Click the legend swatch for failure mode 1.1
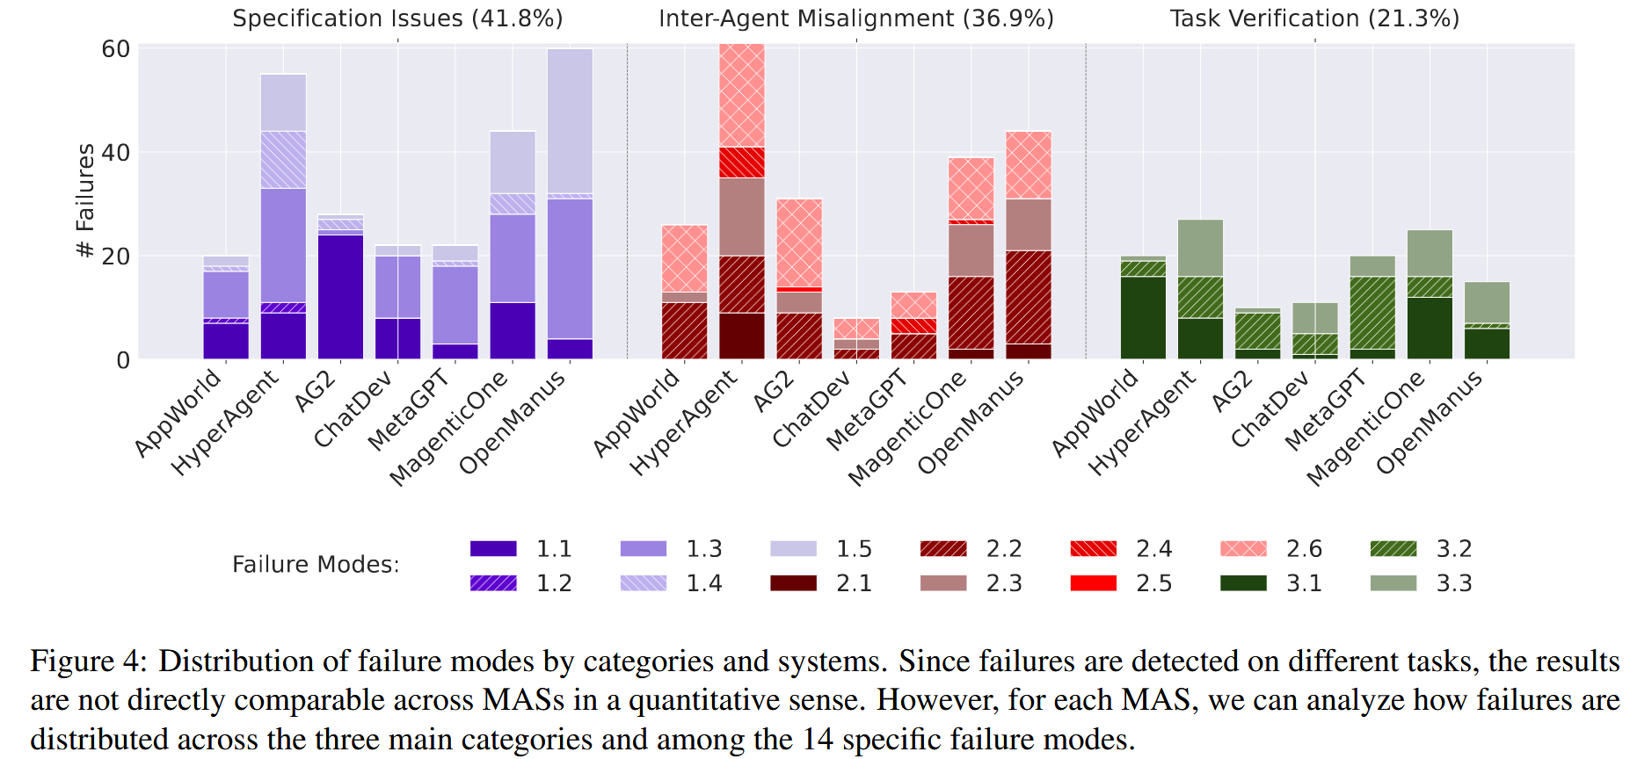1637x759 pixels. [x=493, y=549]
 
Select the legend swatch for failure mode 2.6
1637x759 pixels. [x=1243, y=549]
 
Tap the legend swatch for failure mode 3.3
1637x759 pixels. [x=1393, y=583]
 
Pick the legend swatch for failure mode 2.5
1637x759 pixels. [x=1094, y=583]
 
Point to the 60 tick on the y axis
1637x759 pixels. [x=116, y=49]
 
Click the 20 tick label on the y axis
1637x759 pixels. [x=116, y=257]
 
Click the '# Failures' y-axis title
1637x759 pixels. [x=85, y=201]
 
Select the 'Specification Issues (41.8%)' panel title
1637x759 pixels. [x=397, y=18]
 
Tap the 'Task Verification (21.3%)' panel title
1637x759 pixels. [x=1314, y=18]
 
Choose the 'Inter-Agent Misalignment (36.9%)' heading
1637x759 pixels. [x=856, y=18]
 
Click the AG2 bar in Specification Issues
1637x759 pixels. [x=340, y=286]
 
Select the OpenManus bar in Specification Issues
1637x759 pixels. [x=570, y=204]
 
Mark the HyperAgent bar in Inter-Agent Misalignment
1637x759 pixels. [x=742, y=201]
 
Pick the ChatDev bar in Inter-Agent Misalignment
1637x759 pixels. [x=856, y=338]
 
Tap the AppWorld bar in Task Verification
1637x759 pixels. [x=1143, y=307]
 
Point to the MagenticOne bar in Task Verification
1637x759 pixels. [x=1430, y=294]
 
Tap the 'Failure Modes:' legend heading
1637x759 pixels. [x=316, y=565]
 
